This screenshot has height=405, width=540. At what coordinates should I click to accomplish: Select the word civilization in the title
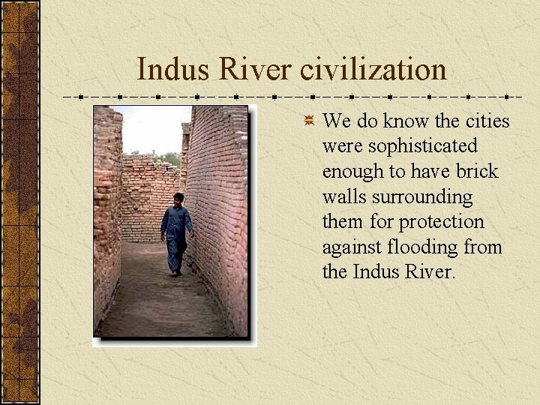coord(373,70)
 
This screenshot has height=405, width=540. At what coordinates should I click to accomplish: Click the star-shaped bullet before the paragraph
coord(308,120)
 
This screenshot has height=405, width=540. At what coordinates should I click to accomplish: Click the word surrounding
coord(421,196)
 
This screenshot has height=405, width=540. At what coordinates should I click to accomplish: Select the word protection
coord(442,222)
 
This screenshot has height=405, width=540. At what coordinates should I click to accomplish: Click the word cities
coord(488,121)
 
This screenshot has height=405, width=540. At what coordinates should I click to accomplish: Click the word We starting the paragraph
coord(336,121)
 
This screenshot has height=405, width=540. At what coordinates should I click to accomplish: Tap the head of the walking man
coord(178,199)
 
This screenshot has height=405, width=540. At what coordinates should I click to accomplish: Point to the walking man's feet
coord(175,273)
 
